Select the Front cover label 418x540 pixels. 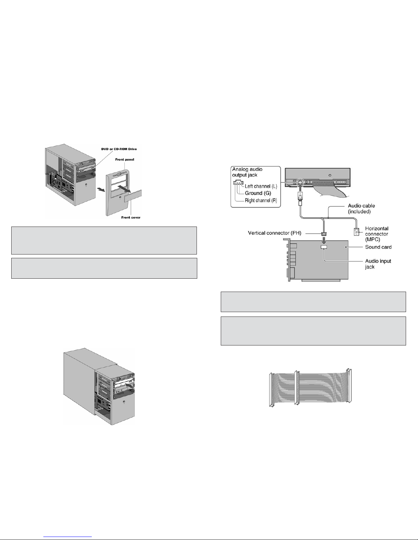tap(131, 217)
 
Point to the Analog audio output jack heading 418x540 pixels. tap(247, 172)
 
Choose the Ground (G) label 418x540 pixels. tap(258, 193)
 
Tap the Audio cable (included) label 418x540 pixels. tap(361, 209)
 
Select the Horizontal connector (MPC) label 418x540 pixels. tap(377, 234)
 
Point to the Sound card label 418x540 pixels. tap(378, 247)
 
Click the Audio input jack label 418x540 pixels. tap(378, 264)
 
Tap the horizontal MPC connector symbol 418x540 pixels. tap(356, 232)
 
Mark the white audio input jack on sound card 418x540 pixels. tap(323, 247)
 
